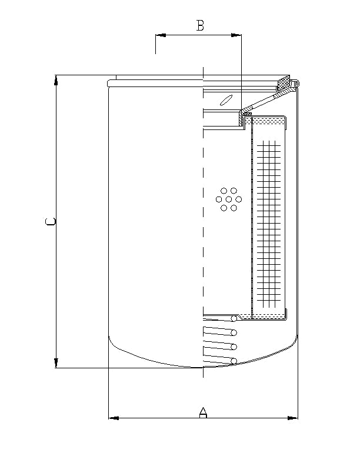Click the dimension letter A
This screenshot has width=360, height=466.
click(203, 412)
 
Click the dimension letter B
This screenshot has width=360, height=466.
click(200, 25)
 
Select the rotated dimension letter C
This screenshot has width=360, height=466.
click(51, 222)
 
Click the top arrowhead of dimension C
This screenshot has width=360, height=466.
click(56, 80)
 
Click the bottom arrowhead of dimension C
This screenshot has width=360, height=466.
click(56, 363)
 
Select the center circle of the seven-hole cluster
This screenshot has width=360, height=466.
click(226, 199)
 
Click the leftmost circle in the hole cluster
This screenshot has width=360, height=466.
click(219, 199)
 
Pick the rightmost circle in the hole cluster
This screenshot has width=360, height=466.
click(235, 199)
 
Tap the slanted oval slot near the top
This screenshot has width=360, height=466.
click(225, 99)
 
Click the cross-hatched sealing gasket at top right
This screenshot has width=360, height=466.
click(284, 83)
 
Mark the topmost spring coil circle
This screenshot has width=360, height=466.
click(234, 319)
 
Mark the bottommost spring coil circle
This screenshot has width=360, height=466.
click(234, 361)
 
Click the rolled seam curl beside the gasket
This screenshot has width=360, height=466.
click(297, 85)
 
